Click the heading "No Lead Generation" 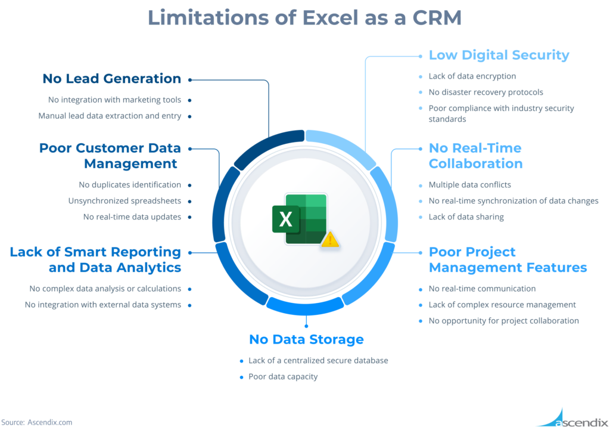tap(111, 79)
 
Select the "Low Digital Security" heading tap(499, 55)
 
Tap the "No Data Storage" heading tap(306, 339)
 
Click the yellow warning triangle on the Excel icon tap(330, 239)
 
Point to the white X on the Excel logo tap(285, 219)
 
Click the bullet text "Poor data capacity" tap(283, 377)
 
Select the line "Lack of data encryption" tap(472, 76)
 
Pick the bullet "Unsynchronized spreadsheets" tap(125, 201)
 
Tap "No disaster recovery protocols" tap(486, 92)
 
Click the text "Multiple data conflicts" tap(469, 185)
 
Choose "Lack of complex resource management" tap(502, 305)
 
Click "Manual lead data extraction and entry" tap(110, 116)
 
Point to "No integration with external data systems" tap(103, 305)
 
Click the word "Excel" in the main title tap(330, 17)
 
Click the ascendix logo tap(572, 418)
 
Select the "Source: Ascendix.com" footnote tap(36, 422)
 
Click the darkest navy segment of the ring tap(269, 149)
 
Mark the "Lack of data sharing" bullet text tap(466, 217)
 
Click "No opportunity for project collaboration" tap(504, 320)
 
